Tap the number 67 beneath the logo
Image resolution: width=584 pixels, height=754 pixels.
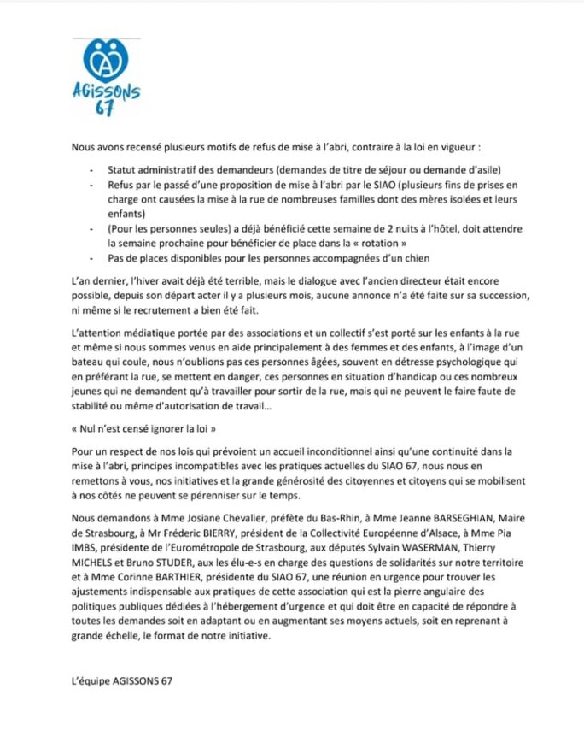tap(105, 109)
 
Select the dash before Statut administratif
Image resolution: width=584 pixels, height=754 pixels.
tap(92, 169)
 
